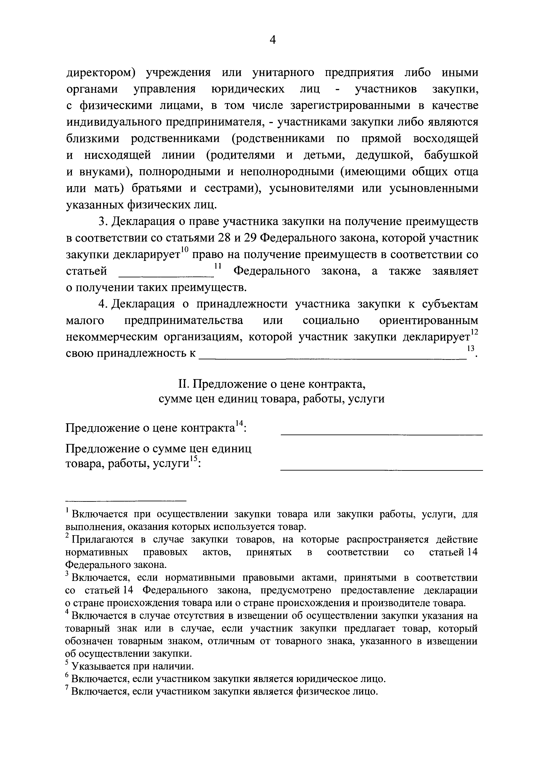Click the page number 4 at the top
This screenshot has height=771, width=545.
(273, 40)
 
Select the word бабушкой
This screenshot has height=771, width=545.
(451, 155)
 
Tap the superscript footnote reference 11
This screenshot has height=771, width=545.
(218, 266)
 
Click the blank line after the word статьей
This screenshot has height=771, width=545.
(167, 276)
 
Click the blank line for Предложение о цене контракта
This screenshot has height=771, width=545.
(381, 435)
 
